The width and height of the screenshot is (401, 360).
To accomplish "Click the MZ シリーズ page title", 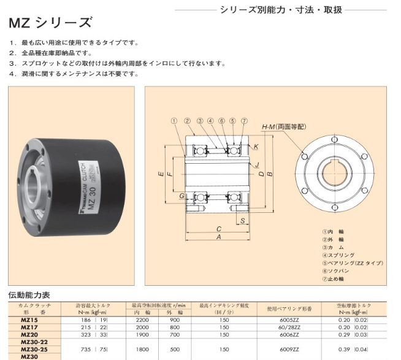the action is (50, 23).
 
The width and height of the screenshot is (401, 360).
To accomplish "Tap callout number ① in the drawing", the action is (174, 121).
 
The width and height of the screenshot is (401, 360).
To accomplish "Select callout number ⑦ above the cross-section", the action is (245, 121).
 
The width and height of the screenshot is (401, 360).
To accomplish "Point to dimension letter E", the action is (161, 174).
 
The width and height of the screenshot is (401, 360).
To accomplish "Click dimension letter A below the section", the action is (219, 237).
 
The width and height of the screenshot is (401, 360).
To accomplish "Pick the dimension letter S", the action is (243, 220).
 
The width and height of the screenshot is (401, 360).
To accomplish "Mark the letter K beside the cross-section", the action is (256, 147).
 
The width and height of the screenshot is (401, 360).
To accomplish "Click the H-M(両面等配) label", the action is (284, 127).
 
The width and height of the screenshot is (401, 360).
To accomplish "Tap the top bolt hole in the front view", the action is (335, 139).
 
